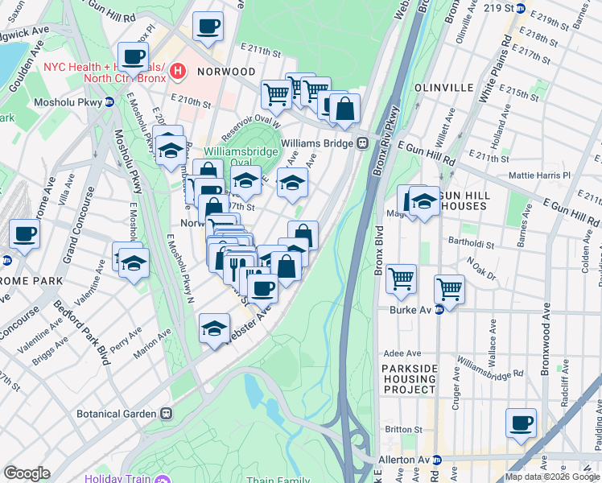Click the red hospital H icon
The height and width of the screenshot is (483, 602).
point(178,73)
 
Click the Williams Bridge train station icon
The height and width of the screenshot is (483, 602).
point(363,143)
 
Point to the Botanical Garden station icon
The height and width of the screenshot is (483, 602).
point(167,414)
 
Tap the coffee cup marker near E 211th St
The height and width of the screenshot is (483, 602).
point(208,26)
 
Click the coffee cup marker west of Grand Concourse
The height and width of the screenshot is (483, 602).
point(24,234)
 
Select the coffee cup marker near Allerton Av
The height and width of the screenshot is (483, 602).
point(521,423)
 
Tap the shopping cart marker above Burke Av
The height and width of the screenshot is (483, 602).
point(449,288)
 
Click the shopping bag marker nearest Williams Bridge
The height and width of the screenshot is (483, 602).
point(344,109)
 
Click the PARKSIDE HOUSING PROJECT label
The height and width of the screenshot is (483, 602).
point(408,378)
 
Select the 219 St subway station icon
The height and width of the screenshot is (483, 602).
point(520,9)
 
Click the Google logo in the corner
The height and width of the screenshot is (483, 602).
point(27,473)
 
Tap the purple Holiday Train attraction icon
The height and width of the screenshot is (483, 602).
point(164,480)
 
